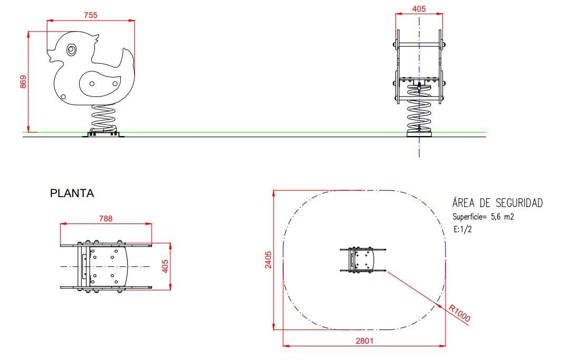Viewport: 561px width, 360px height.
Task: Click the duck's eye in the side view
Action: pos(72,50)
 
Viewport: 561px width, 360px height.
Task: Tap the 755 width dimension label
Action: pos(91,15)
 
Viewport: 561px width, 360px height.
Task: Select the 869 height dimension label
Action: pos(23,82)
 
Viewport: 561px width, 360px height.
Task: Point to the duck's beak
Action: pos(51,56)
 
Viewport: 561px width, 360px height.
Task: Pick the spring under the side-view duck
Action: pos(104,119)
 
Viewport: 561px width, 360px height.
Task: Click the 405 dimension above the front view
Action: pos(419,9)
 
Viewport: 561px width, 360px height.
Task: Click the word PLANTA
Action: pos(72,193)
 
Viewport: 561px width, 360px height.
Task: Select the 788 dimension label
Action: pos(105,218)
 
